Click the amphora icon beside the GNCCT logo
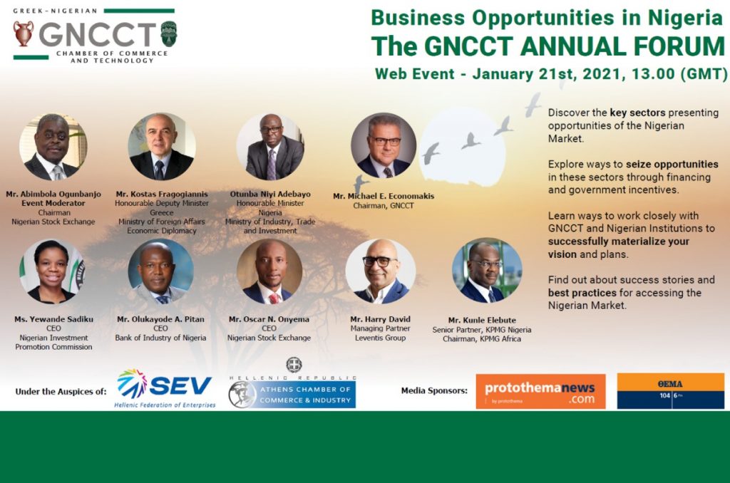click(x=23, y=33)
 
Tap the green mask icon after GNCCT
click(x=168, y=33)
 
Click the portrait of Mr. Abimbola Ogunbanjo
click(x=53, y=147)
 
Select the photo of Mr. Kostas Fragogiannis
click(x=162, y=146)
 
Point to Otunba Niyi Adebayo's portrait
click(x=270, y=146)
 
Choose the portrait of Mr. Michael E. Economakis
click(x=383, y=145)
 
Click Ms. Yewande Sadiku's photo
click(x=53, y=271)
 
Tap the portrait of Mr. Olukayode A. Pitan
click(x=160, y=271)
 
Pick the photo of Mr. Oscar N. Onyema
click(x=269, y=271)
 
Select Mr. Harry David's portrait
click(x=381, y=271)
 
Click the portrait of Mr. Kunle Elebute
click(x=486, y=270)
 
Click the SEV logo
click(x=165, y=388)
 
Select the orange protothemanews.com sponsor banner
click(x=540, y=391)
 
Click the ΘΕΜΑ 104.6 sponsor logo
click(x=670, y=391)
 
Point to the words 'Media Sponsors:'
click(x=434, y=390)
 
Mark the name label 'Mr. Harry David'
click(x=381, y=319)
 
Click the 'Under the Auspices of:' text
click(x=61, y=391)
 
